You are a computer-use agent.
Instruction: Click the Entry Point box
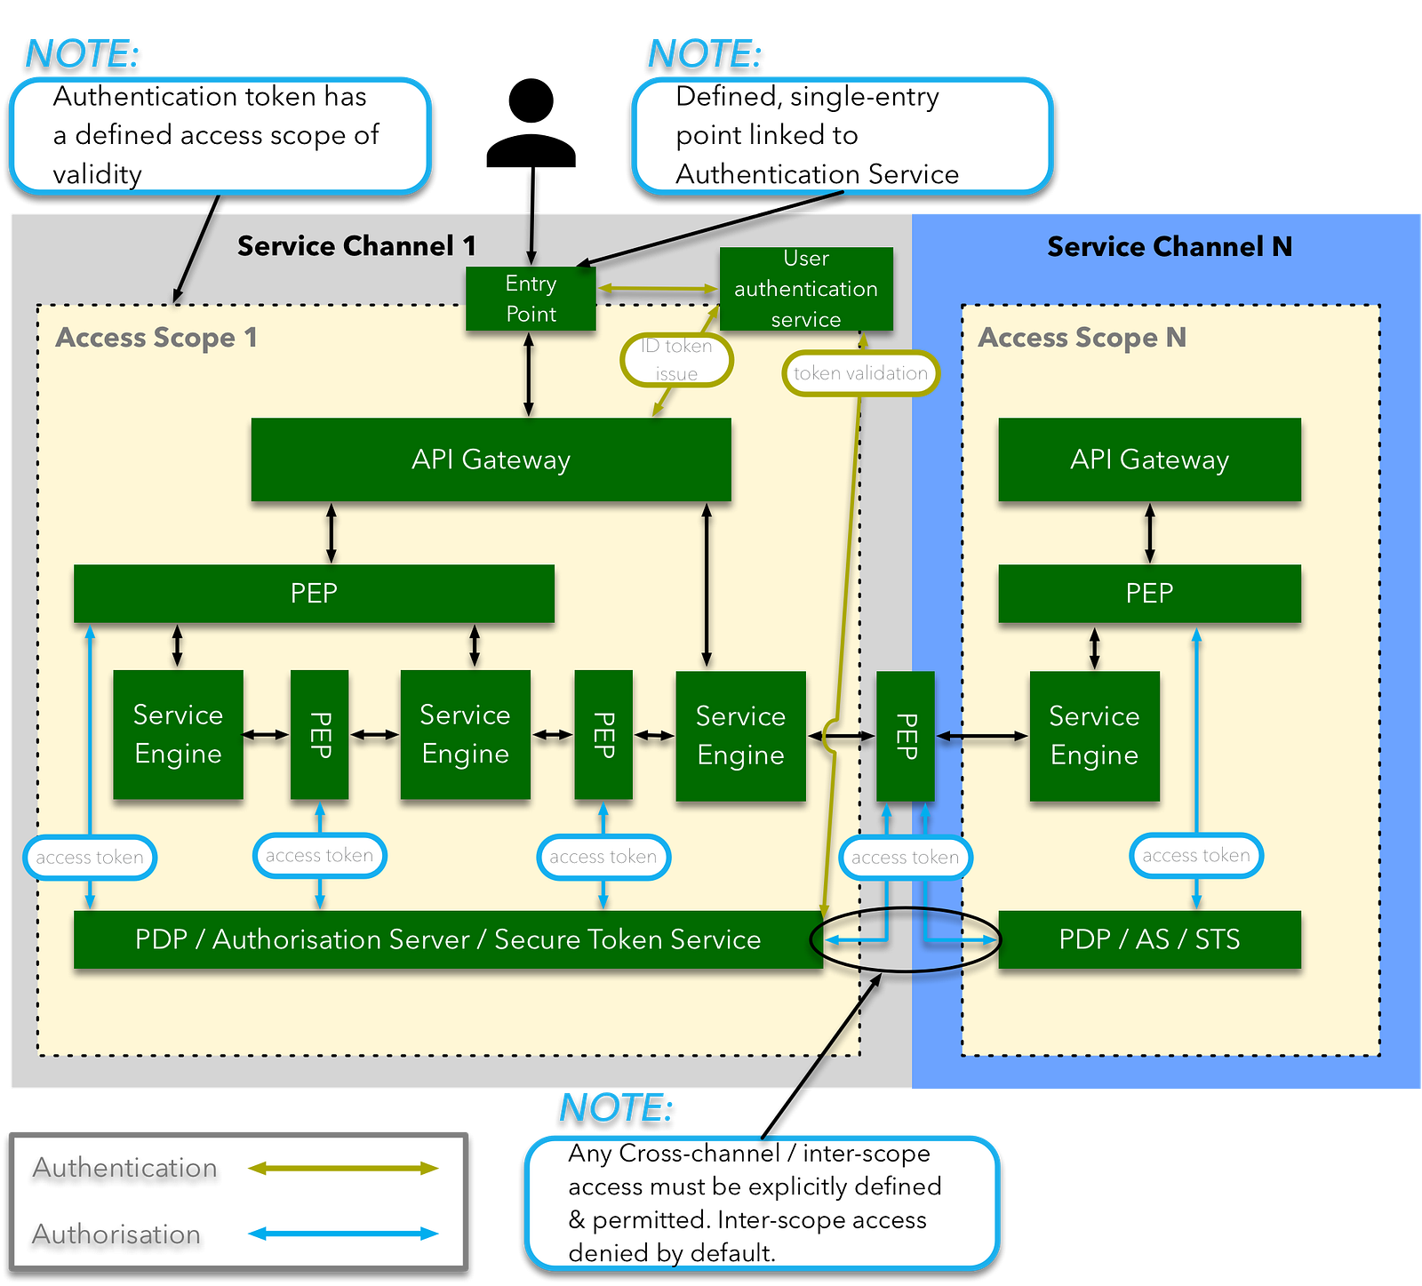[531, 299]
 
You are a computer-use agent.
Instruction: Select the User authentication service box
[805, 289]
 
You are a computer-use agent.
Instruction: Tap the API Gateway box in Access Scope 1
[491, 459]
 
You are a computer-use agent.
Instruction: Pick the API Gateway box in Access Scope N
[1149, 459]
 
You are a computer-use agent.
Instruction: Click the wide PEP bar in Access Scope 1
[314, 593]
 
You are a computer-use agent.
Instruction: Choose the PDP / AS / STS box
[1149, 939]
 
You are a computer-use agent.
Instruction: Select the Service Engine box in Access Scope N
[1094, 736]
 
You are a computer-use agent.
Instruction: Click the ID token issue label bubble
[676, 360]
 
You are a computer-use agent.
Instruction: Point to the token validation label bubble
[860, 373]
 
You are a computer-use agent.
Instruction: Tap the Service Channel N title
[1170, 246]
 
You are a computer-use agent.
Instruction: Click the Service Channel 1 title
[356, 246]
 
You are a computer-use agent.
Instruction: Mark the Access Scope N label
[1082, 338]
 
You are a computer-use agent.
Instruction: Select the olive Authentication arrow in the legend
[343, 1168]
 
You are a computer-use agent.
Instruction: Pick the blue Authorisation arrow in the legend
[343, 1234]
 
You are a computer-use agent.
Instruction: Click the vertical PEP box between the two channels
[905, 736]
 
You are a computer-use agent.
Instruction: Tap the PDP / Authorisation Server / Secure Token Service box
[447, 939]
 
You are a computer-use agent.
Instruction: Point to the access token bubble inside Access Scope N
[1195, 856]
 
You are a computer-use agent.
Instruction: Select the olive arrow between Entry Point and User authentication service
[658, 288]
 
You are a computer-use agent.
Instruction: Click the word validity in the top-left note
[97, 174]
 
